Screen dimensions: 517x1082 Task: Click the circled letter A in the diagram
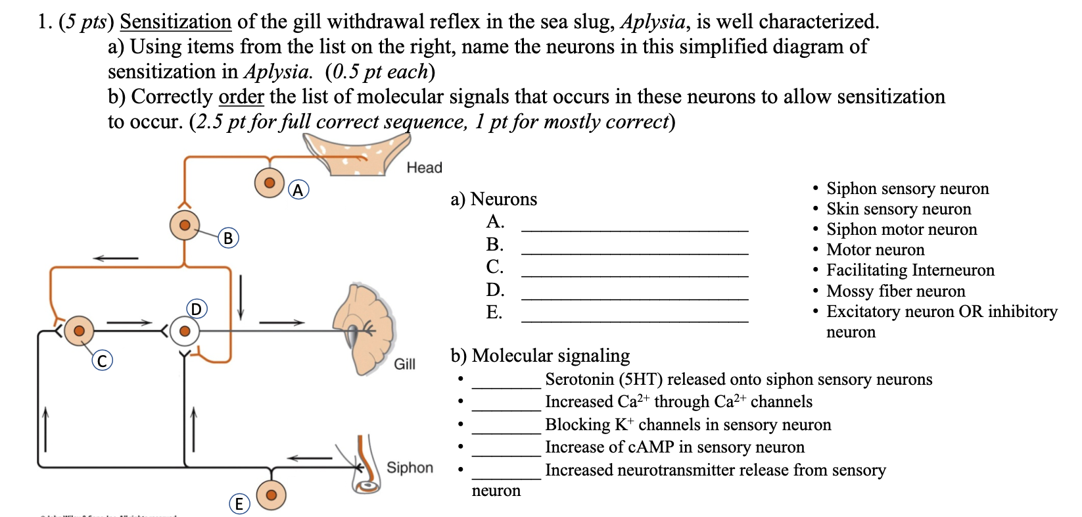click(x=298, y=190)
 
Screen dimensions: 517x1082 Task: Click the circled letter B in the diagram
click(x=228, y=237)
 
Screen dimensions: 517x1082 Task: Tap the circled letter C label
click(x=102, y=360)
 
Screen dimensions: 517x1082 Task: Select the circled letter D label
click(x=196, y=308)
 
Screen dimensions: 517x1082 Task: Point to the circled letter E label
click(x=239, y=504)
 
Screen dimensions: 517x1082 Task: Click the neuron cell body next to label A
click(x=270, y=182)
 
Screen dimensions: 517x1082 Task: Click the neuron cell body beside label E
click(x=271, y=495)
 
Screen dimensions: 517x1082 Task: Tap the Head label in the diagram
click(x=424, y=168)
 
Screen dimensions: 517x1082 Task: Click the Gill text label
click(x=404, y=364)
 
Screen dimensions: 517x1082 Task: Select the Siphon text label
click(x=410, y=468)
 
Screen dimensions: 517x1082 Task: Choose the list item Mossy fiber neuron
click(x=895, y=291)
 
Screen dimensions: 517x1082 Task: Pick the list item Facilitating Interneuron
click(x=910, y=270)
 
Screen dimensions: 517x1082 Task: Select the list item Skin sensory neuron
click(x=898, y=209)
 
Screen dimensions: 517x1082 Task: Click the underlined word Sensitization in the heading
click(x=176, y=22)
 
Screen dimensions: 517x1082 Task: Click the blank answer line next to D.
click(x=634, y=298)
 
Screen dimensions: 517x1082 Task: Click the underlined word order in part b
click(x=241, y=97)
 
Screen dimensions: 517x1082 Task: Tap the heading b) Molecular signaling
click(x=540, y=356)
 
